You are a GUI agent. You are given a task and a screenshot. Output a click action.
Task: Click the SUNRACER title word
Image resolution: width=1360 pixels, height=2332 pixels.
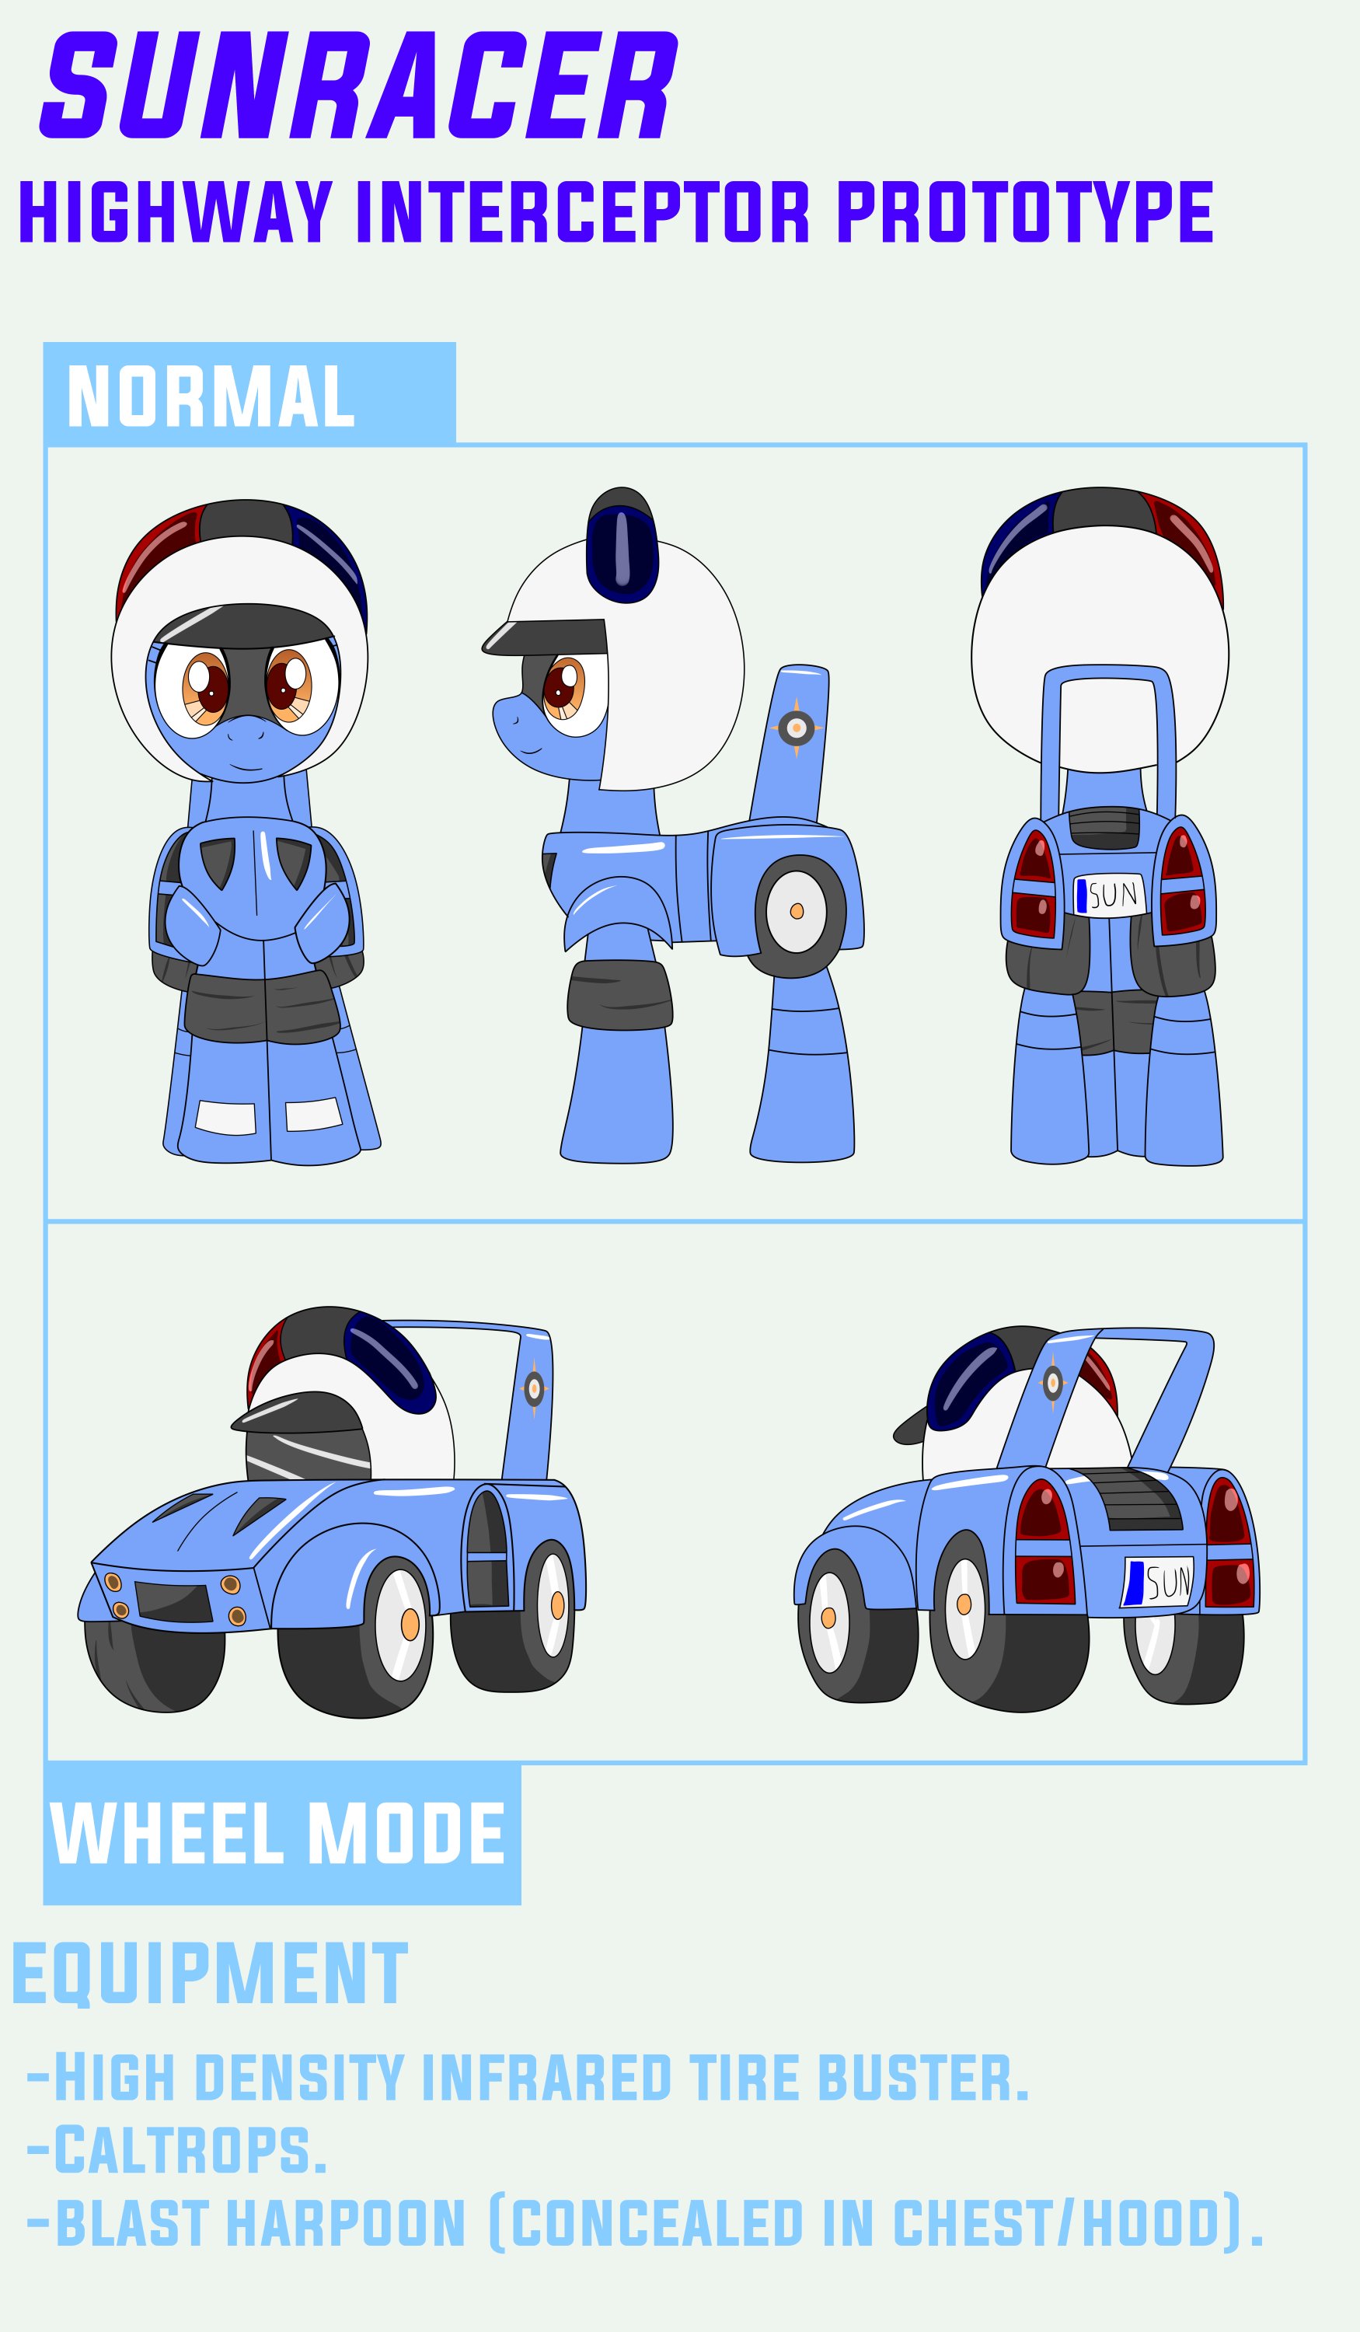(359, 86)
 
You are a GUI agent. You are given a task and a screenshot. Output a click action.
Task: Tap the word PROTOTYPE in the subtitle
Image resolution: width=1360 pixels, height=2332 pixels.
(1025, 212)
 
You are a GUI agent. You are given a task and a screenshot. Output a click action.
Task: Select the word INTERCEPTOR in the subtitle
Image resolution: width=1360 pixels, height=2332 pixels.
(583, 212)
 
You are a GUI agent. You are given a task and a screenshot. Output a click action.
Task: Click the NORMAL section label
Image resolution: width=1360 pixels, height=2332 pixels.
(211, 396)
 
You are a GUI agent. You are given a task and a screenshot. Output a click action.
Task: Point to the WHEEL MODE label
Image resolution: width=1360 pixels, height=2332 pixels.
(277, 1833)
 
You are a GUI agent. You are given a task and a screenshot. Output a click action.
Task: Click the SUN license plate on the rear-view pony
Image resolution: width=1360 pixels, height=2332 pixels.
(1109, 895)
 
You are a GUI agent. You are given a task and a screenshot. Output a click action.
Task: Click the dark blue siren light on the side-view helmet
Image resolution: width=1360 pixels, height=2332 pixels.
(622, 553)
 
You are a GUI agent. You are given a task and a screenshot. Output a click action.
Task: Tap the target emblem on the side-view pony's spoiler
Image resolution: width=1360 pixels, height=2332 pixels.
(797, 728)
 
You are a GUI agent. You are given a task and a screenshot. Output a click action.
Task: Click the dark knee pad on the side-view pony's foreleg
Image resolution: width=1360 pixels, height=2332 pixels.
(619, 994)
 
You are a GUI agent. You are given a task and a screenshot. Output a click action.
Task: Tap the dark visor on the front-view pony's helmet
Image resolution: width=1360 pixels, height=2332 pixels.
(245, 626)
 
